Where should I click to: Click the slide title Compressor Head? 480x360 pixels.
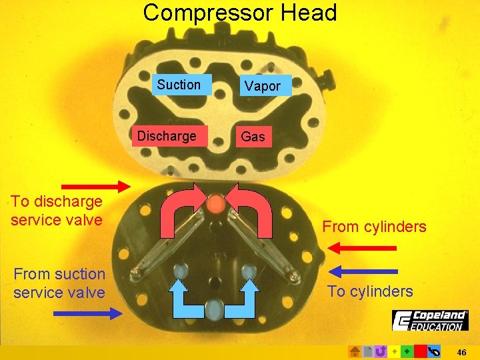(240, 13)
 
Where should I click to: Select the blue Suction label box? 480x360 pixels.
(179, 85)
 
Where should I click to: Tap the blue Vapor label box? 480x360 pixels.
(263, 86)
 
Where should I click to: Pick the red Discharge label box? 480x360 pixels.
(167, 136)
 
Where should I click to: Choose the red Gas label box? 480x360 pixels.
(253, 137)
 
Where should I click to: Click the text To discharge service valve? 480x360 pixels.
(57, 211)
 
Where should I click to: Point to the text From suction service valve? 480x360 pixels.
(59, 283)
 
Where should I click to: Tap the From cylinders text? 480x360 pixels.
(374, 227)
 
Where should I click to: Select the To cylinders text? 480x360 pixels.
(370, 291)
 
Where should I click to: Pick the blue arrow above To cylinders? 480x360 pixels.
(364, 271)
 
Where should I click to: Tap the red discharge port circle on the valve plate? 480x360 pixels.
(215, 204)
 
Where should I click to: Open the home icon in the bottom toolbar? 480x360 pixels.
(355, 351)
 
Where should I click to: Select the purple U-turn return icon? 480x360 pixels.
(381, 351)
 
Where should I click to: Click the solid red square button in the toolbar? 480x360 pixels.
(420, 351)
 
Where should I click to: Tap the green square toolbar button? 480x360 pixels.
(407, 351)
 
